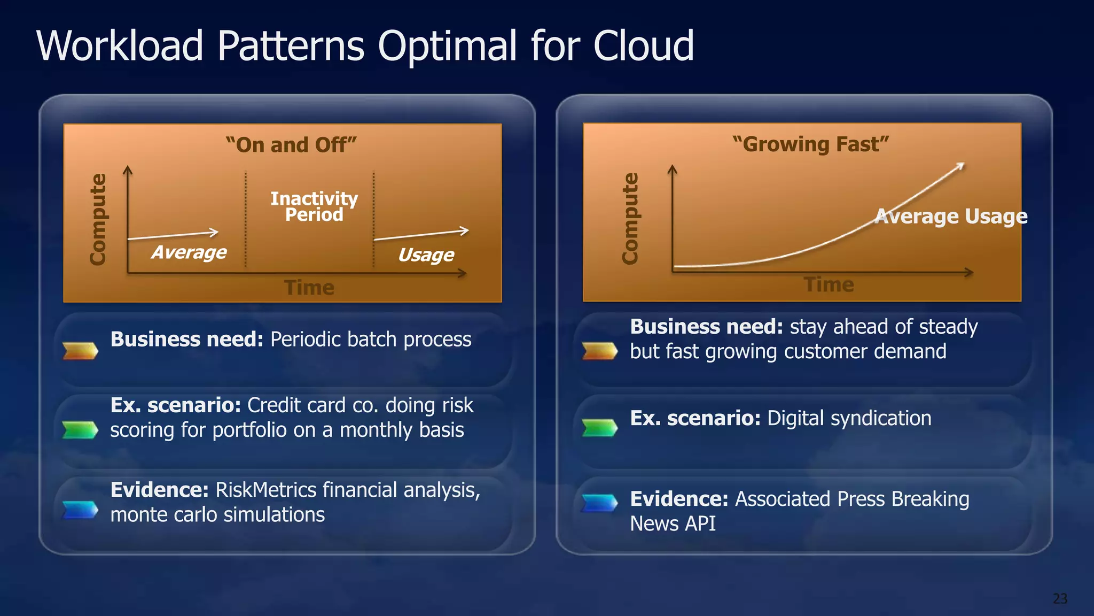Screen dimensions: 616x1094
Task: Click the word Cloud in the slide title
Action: pos(643,47)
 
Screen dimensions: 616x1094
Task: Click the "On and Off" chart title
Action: pos(291,145)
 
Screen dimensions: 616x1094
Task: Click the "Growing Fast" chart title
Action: pos(810,144)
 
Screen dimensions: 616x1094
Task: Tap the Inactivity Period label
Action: pos(314,206)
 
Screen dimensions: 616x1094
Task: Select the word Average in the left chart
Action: pos(189,252)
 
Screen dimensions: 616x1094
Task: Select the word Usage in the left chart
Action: pos(426,255)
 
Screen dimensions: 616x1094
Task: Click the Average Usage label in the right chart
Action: pos(951,216)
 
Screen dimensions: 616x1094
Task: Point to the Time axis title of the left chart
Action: pos(309,288)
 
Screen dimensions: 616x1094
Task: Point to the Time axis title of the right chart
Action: pos(829,284)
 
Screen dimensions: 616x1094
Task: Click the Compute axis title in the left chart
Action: pos(98,219)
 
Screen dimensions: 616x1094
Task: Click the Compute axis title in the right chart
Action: pos(630,218)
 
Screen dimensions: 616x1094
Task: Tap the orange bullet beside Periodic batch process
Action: pos(80,351)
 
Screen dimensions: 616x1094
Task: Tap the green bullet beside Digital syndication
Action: pos(599,428)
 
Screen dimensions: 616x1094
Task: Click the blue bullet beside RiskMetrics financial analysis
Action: pos(80,510)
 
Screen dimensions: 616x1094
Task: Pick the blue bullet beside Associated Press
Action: pos(599,503)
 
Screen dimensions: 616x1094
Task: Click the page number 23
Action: pos(1060,598)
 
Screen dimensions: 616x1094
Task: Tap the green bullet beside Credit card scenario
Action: pos(80,429)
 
